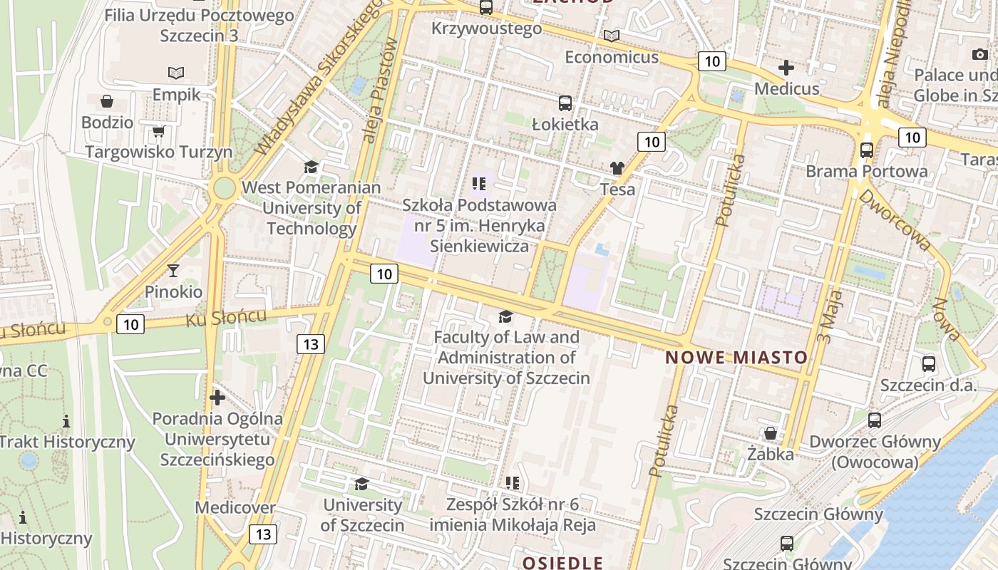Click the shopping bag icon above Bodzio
coord(107,101)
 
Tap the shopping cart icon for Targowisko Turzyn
coord(158,132)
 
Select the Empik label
coord(176,94)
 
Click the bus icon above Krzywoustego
coord(486,8)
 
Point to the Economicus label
coord(612,57)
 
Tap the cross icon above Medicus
coord(786,68)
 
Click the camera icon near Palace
coord(979,55)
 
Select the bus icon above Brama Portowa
coord(867,150)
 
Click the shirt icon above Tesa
coord(617,168)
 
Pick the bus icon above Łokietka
coord(565,103)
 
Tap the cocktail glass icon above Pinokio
coord(173,271)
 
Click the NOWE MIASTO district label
coord(736,358)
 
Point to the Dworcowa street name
coord(895,219)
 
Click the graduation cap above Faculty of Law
coord(505,316)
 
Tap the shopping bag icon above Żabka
coord(770,433)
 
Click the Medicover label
coord(235,508)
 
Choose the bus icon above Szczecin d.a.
coord(929,364)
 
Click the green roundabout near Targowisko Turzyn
coord(224,189)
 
